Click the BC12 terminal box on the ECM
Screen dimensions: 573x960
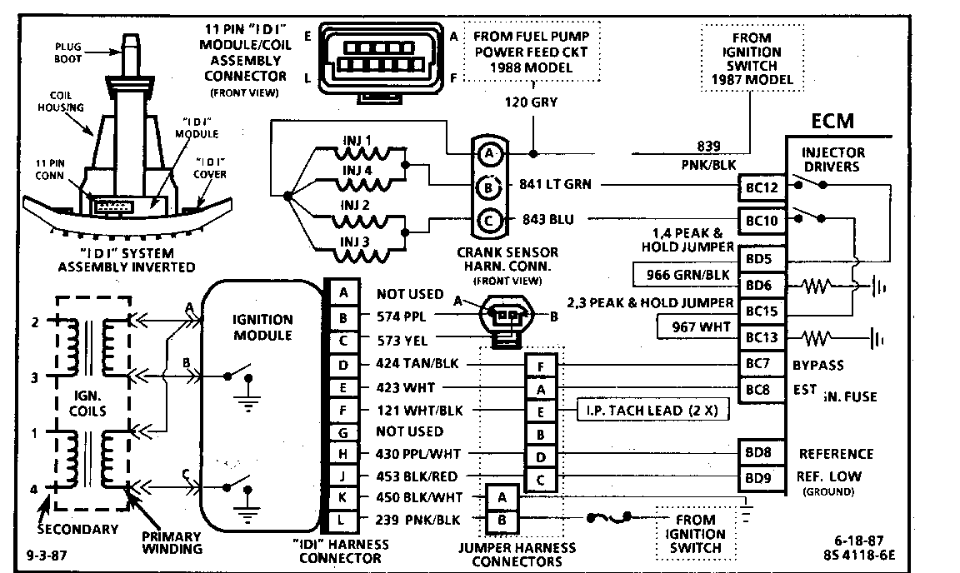pos(762,189)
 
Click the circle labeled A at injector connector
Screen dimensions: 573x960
pos(489,153)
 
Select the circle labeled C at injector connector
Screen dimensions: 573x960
pos(489,220)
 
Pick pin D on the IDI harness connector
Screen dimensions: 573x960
pos(344,364)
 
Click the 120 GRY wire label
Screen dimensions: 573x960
pos(531,104)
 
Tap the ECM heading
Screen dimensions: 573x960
pos(833,122)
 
